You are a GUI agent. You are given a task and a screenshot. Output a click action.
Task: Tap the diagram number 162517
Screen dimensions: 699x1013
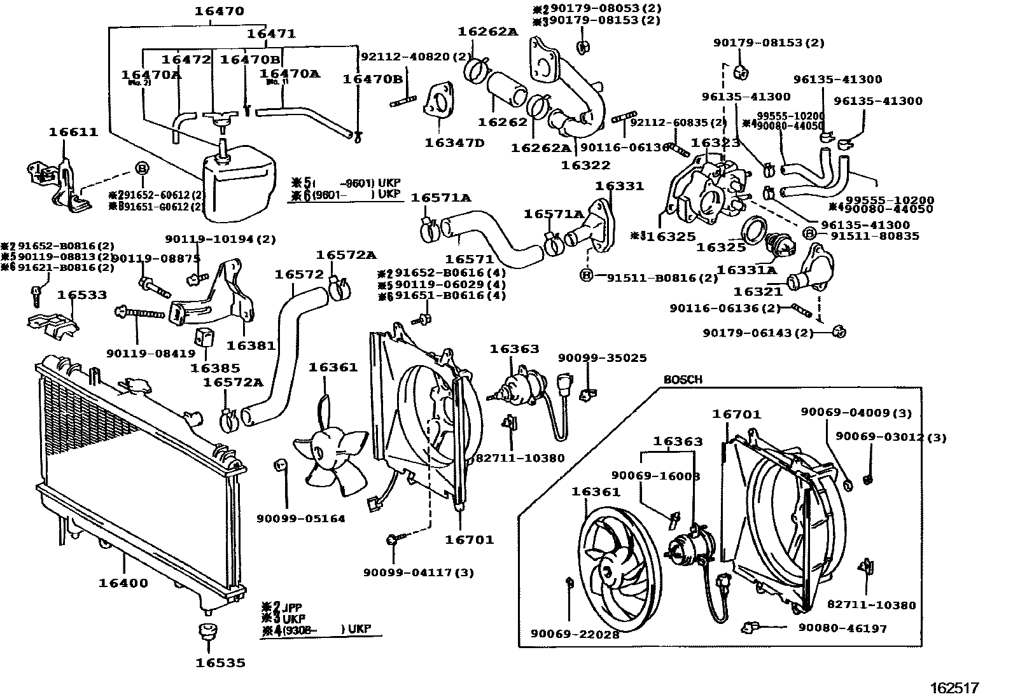click(x=954, y=688)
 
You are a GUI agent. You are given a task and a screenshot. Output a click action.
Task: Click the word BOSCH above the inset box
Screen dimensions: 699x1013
click(x=683, y=380)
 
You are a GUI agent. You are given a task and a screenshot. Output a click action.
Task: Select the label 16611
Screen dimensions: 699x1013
click(x=74, y=132)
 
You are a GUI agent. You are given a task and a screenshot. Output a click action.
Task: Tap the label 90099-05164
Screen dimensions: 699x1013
click(x=301, y=518)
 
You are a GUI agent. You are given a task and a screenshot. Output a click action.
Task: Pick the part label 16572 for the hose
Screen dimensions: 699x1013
click(x=299, y=274)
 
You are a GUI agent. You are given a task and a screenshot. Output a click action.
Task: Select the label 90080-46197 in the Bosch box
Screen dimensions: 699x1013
click(x=842, y=628)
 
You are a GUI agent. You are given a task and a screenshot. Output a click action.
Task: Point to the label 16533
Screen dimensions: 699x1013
click(x=82, y=295)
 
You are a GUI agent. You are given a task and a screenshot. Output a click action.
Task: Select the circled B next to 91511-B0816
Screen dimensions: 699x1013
click(x=586, y=275)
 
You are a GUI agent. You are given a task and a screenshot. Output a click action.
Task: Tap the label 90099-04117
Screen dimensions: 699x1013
click(x=419, y=572)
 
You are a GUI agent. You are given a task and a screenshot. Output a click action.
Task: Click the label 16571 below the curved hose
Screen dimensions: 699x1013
click(x=470, y=259)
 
